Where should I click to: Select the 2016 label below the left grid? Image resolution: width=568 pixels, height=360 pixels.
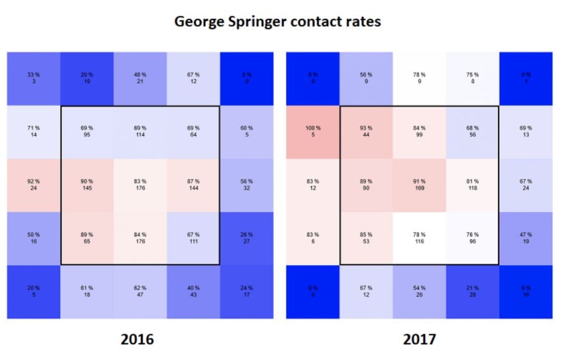pos(137,339)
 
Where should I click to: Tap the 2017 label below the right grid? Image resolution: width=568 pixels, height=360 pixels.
pos(420,339)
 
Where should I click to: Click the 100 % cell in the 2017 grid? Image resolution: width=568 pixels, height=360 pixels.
pos(313,132)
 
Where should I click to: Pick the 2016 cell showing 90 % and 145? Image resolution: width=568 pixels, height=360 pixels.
pos(87,185)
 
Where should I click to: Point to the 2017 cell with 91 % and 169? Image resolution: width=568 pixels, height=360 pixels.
pos(420,185)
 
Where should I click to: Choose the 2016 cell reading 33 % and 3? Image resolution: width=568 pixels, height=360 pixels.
pos(33,78)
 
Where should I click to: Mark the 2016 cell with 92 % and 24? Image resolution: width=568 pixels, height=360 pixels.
pos(33,185)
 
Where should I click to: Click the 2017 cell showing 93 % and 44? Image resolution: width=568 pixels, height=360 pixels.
pos(367,132)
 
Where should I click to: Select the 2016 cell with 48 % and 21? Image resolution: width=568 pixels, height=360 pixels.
pos(140,78)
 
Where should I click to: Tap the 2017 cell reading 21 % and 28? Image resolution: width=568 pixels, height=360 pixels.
pos(473,292)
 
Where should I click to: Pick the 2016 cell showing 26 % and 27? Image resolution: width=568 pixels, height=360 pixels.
pos(247,238)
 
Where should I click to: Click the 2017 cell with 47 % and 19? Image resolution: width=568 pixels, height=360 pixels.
pos(526,238)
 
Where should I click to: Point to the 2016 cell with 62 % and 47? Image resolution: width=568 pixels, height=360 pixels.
pos(140,292)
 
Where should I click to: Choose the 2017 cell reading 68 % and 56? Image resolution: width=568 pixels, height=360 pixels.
pos(473,132)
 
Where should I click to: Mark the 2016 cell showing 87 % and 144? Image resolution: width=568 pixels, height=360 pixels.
pos(193,185)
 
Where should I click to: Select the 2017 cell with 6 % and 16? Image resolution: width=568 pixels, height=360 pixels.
pos(526,292)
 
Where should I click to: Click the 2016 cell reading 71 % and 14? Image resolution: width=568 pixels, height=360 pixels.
pos(33,132)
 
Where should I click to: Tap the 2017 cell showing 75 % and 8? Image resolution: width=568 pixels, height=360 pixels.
pos(473,78)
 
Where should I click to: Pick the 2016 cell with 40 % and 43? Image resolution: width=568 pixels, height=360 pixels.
pos(193,292)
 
